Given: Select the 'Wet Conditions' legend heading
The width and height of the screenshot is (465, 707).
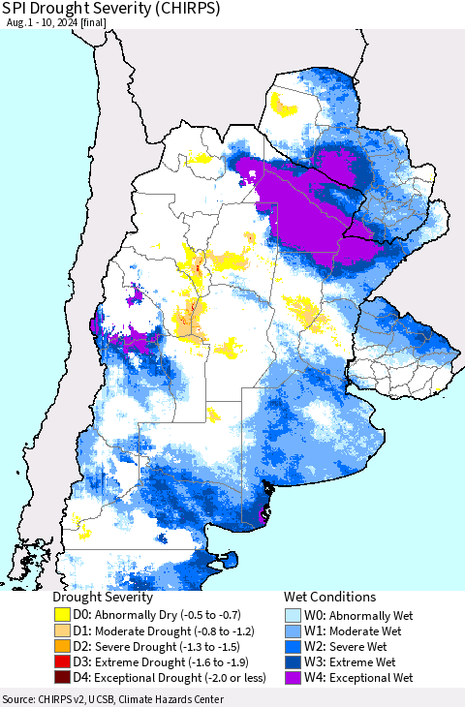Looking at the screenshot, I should pos(329,598).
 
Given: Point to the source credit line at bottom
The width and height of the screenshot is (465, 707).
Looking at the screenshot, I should pos(113,698).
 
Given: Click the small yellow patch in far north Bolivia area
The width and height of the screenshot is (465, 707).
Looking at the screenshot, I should pos(286,103).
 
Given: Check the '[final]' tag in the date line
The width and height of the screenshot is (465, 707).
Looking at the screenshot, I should pos(121,28).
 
